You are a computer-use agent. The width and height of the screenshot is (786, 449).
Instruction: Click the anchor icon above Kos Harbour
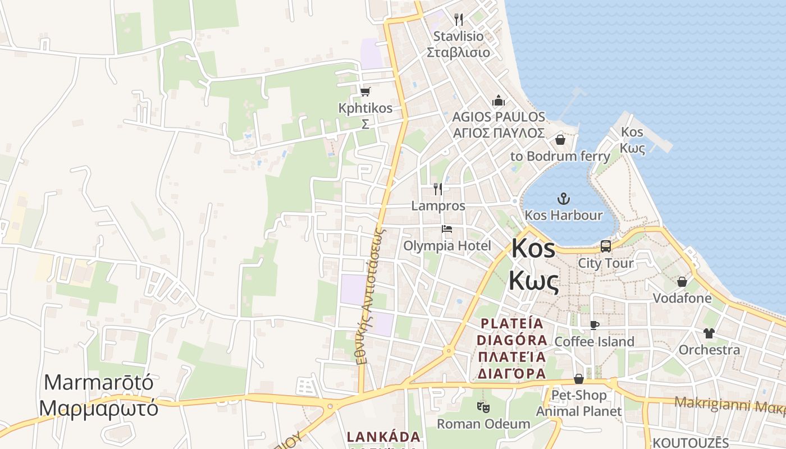[563, 198]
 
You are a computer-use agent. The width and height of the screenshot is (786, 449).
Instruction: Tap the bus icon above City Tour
[605, 246]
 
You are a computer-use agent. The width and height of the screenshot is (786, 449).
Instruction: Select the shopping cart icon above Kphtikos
[365, 91]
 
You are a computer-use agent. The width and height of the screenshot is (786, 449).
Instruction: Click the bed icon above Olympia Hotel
[447, 229]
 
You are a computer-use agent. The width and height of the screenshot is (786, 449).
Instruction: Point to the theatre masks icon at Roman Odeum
[483, 406]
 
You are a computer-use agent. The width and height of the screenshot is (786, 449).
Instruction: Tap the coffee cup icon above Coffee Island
[595, 325]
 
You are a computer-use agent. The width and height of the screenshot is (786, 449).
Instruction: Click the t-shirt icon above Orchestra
[709, 333]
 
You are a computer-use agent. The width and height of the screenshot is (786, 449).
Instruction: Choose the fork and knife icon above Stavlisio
[459, 20]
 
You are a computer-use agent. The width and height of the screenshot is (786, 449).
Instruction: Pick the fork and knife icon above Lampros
[438, 189]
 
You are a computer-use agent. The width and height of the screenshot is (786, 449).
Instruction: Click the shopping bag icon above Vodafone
[682, 281]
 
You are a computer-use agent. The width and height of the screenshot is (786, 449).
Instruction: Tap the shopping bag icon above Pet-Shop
[579, 379]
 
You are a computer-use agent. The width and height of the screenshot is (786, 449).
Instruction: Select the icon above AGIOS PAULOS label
[498, 101]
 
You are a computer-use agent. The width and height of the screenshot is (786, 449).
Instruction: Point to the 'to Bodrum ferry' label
[560, 156]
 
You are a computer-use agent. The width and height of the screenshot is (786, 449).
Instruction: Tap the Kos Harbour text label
[563, 215]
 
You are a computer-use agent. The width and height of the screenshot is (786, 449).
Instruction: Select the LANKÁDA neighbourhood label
[383, 437]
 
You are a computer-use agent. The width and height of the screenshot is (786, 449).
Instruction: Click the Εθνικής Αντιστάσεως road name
[371, 295]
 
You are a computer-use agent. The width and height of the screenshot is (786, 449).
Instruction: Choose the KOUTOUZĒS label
[691, 443]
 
